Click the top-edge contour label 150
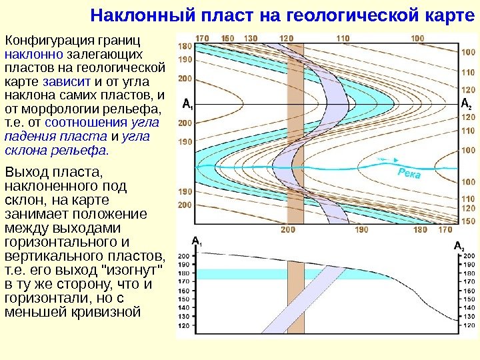tap(227, 39)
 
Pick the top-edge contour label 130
tap(251, 39)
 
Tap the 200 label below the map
tap(288, 230)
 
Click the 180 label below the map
tap(420, 230)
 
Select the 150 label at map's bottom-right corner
tap(468, 221)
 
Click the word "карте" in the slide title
tap(447, 15)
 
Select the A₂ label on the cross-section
tap(459, 247)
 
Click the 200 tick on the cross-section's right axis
tap(468, 256)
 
